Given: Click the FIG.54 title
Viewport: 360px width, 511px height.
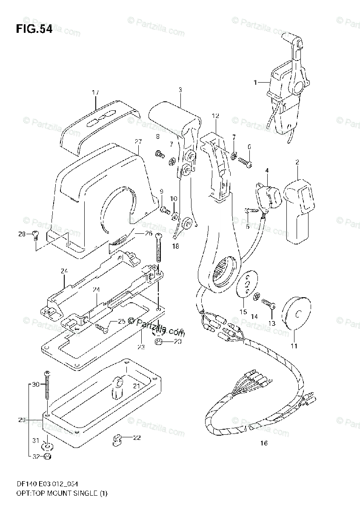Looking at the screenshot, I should pos(34,30).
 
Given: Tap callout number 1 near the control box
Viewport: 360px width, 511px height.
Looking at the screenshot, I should pos(256,82).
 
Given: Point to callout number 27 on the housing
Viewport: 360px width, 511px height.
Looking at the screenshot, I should pos(137,141).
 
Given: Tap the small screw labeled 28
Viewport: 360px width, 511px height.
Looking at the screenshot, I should pos(36,234).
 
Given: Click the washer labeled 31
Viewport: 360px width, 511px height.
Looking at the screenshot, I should pos(47,446).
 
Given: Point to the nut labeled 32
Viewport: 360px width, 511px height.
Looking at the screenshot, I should pos(48,457).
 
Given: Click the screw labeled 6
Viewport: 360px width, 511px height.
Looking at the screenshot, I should pos(246,161).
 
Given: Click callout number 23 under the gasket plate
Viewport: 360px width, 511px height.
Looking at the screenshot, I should pos(141,347).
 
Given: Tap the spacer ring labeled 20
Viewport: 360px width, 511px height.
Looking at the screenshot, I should pos(159,342).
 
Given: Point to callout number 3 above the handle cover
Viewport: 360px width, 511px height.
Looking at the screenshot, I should pos(180,90).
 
